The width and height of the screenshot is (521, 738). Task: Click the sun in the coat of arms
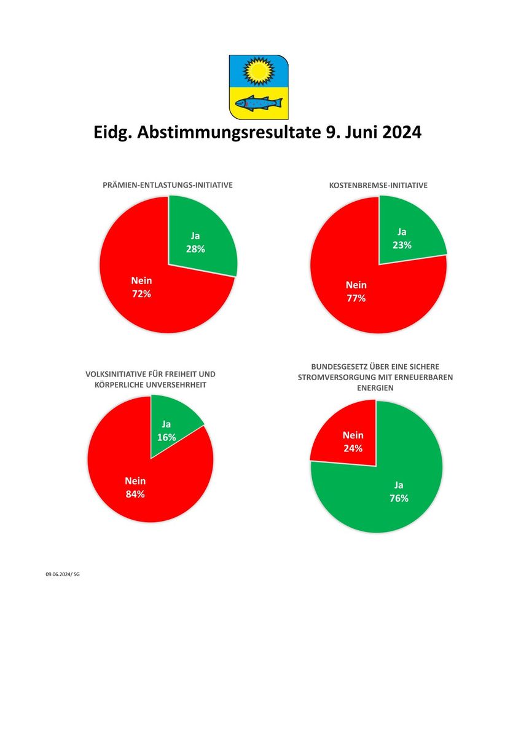(259, 71)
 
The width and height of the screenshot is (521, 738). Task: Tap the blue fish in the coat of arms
(259, 103)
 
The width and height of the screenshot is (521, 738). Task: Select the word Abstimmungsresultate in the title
(229, 133)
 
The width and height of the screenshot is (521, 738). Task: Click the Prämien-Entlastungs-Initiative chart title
(168, 185)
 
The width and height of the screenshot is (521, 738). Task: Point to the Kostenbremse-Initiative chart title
(378, 186)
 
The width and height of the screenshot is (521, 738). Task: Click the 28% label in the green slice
(195, 249)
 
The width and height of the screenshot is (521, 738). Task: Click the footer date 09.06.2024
(58, 574)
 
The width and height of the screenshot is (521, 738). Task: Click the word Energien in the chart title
(375, 388)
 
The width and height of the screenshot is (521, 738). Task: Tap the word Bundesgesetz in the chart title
(335, 367)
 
